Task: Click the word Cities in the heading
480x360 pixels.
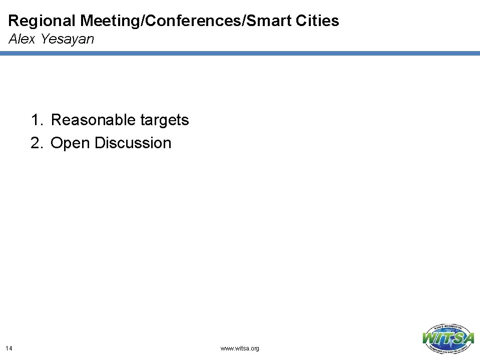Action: coord(318,21)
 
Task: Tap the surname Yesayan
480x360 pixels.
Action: coord(67,39)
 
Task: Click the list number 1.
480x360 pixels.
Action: coord(36,120)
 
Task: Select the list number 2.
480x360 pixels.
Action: coord(36,143)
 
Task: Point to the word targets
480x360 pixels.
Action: coord(165,121)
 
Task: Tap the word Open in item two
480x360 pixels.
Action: coord(71,144)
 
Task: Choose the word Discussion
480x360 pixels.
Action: coord(133,143)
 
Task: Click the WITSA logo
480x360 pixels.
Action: coord(448,338)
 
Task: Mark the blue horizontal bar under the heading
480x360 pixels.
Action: coord(240,53)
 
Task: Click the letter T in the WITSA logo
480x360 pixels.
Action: coord(449,338)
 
